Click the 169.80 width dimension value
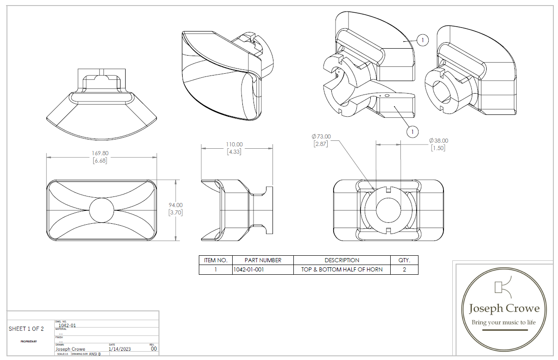point(100,153)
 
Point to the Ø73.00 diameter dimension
point(321,137)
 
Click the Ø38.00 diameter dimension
point(438,141)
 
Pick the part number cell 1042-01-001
point(248,269)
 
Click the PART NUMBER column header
point(263,260)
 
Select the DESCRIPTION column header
point(342,260)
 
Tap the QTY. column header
point(404,260)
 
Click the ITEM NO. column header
point(215,260)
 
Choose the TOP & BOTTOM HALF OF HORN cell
point(342,269)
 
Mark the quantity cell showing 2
point(404,269)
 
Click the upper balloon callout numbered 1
point(422,40)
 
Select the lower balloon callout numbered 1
point(412,132)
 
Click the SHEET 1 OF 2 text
point(26,329)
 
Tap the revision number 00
point(154,349)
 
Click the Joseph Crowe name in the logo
point(504,309)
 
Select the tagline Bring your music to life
point(503,322)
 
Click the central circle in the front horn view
point(101,210)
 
